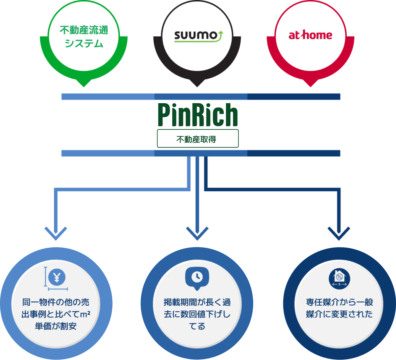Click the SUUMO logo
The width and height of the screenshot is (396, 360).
tap(198, 36)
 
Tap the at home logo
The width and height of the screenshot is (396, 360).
tap(310, 35)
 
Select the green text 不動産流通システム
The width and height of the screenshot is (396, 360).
tap(84, 37)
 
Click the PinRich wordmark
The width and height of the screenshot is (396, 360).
tap(198, 115)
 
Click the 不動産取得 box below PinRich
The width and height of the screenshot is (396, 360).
tap(197, 138)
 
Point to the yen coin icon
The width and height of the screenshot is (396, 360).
tap(57, 277)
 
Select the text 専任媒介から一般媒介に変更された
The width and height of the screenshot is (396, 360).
tap(339, 308)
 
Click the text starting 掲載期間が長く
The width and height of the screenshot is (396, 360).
tap(197, 314)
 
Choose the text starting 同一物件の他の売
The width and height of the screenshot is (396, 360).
tap(56, 314)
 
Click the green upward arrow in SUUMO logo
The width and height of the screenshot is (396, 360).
tap(221, 35)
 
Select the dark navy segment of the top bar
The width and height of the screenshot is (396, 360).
tap(294, 97)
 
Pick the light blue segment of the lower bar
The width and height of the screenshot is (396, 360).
tap(108, 153)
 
